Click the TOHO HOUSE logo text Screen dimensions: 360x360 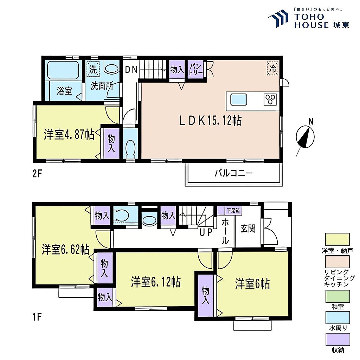click(321, 21)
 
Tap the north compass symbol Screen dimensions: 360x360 click(305, 137)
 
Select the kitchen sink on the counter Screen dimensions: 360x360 click(239, 99)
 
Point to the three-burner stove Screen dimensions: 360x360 click(270, 99)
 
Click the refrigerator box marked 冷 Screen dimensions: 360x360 click(272, 68)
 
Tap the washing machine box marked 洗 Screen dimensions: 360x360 click(93, 69)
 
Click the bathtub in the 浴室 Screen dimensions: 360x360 click(63, 70)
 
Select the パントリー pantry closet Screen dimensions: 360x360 click(195, 69)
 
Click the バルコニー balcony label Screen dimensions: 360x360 click(233, 173)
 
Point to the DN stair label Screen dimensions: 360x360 click(131, 70)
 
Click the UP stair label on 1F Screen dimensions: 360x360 click(206, 232)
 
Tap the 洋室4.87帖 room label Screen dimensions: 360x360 click(69, 135)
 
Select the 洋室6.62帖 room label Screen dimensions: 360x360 click(65, 249)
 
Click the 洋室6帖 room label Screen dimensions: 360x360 click(252, 284)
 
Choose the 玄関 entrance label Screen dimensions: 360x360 click(248, 229)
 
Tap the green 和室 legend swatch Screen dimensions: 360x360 click(337, 296)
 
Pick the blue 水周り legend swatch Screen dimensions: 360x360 click(337, 317)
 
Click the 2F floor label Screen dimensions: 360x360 click(37, 174)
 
